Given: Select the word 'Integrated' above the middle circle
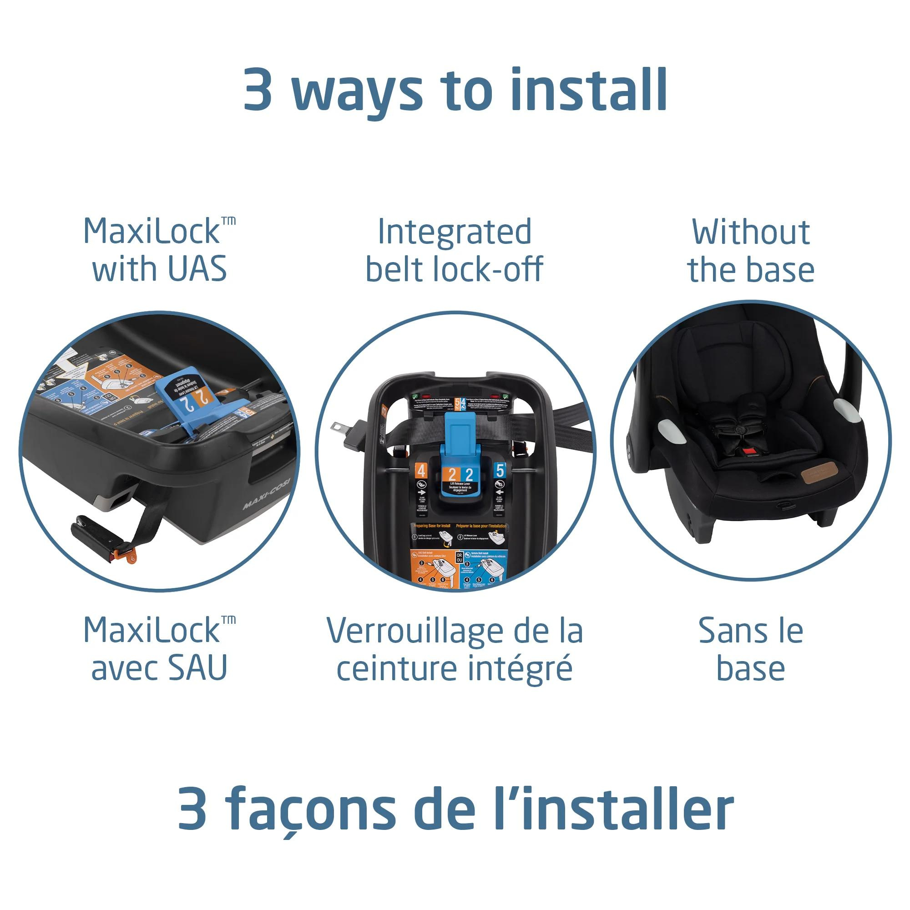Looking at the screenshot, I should coord(455,232).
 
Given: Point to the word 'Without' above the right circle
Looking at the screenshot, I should coord(751,232).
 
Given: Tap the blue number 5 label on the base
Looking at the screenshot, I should coord(500,470).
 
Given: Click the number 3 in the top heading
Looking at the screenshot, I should coord(258,90).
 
